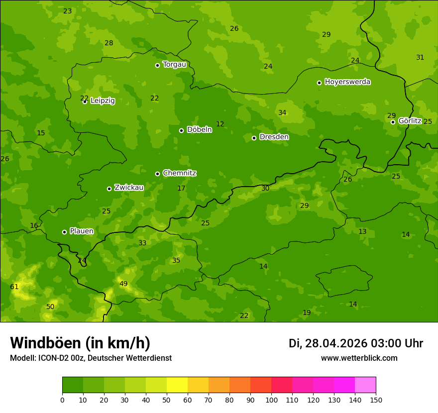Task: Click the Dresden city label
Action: pos(274,137)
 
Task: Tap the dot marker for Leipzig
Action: pos(85,102)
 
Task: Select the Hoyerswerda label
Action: pos(347,82)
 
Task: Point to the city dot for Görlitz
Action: pos(393,122)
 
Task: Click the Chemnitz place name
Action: pos(179,173)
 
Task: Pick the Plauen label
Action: pos(81,231)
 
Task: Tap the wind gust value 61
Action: pos(14,287)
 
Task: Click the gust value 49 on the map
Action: pos(123,284)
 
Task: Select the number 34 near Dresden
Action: pos(282,112)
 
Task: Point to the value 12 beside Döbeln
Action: pos(220,124)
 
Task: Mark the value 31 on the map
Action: pos(420,57)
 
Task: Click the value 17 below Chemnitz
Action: pos(181,188)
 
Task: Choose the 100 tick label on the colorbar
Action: pos(271,400)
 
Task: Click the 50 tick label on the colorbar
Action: pos(167,400)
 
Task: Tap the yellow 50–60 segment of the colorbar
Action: pos(177,385)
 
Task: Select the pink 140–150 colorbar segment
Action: pos(365,385)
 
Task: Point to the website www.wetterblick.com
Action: pos(359,358)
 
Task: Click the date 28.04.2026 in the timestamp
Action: pos(336,343)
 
